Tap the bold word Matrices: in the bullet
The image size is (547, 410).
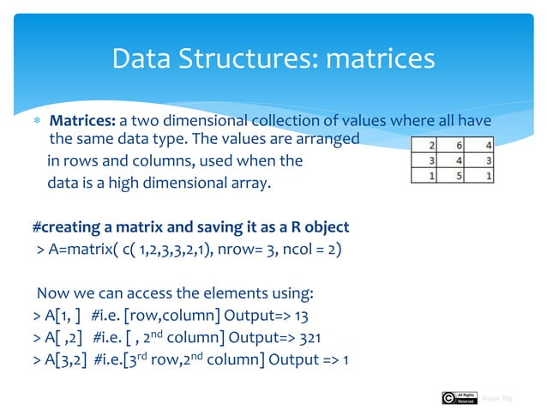(82, 119)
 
